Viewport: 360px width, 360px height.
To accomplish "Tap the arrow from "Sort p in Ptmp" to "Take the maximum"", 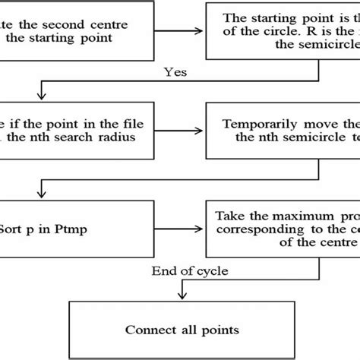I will click(199, 227).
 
